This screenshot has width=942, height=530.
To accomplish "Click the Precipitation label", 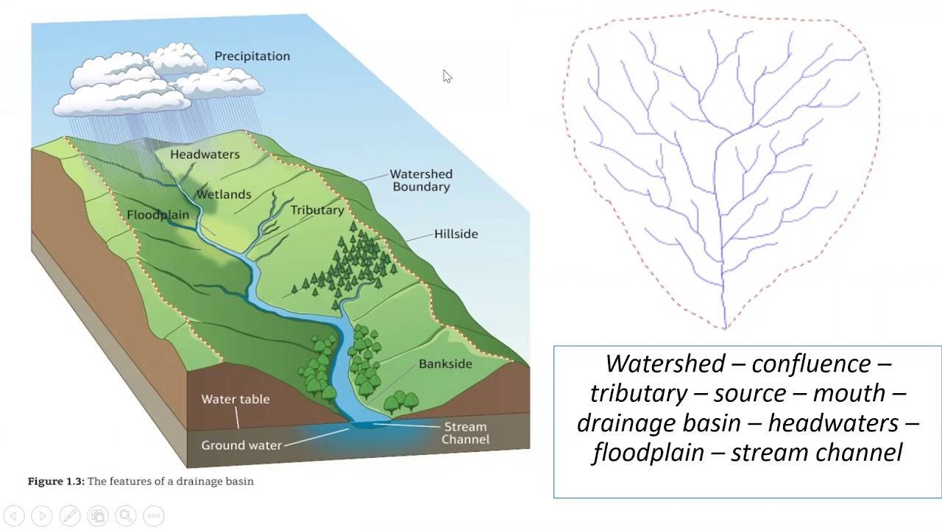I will point(252,56).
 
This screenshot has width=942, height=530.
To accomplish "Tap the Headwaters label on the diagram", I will point(205,155).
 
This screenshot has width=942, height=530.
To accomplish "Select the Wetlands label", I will point(223,194).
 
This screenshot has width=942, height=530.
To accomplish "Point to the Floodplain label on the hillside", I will point(157,215).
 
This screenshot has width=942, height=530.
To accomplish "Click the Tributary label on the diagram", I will point(317,211).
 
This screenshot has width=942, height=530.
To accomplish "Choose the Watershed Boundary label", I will point(421,180).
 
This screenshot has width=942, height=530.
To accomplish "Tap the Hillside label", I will point(456,234).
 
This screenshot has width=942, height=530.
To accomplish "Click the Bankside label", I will point(445,364).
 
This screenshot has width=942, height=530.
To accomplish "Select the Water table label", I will point(235,399).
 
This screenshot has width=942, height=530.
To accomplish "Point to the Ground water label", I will point(241,445).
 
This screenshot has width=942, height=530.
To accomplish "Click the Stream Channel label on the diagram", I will point(465,433).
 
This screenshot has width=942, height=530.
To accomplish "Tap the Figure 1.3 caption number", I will point(56,481).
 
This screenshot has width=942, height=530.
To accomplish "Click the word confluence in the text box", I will point(810,364).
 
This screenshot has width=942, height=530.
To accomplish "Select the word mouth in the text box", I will point(849,393).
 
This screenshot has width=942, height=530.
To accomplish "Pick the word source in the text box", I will point(751,393).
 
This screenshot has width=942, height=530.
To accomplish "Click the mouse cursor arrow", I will point(447,76).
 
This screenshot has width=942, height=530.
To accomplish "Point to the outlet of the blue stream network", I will point(724,326).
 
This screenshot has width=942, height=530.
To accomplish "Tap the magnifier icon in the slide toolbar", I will point(126,516).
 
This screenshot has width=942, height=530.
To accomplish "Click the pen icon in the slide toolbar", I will point(70,516).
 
